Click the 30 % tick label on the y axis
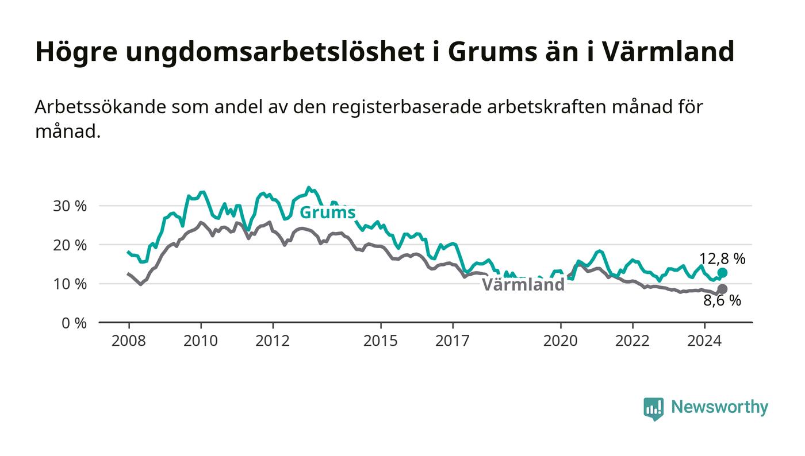click(x=70, y=206)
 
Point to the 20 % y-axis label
click(x=70, y=245)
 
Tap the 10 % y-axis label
click(x=70, y=284)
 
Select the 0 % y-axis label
click(x=74, y=323)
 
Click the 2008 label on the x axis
click(x=129, y=341)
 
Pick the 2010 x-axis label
click(x=201, y=341)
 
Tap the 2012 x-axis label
click(x=273, y=341)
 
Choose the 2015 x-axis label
click(x=381, y=341)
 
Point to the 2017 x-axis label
click(x=453, y=341)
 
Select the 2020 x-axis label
click(x=560, y=341)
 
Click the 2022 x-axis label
click(x=632, y=341)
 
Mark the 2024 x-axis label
click(x=704, y=341)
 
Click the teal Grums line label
click(x=327, y=212)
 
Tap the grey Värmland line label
click(x=523, y=285)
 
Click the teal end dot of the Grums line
click(x=722, y=273)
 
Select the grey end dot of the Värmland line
click(x=722, y=289)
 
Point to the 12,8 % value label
click(x=722, y=258)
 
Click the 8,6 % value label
click(x=722, y=300)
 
